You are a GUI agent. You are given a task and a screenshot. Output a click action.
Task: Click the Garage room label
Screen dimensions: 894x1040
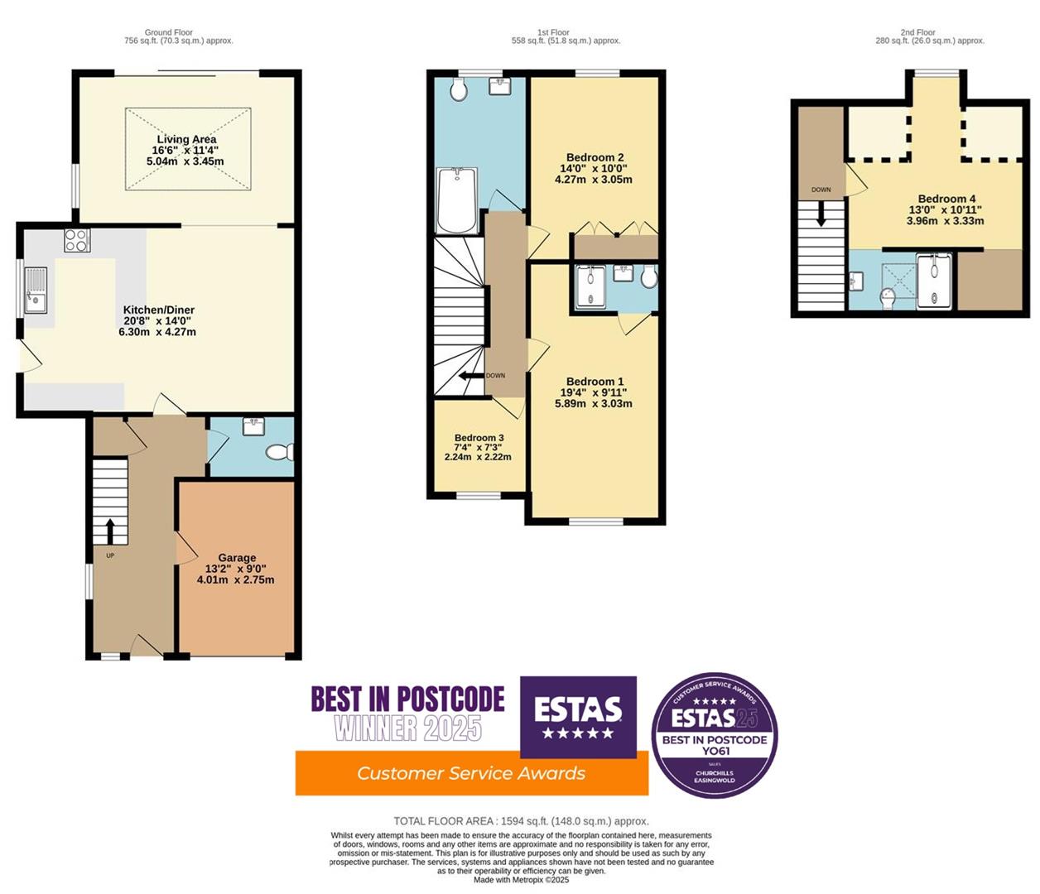(x=236, y=569)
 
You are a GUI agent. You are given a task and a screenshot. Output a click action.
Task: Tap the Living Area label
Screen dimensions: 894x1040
(x=185, y=151)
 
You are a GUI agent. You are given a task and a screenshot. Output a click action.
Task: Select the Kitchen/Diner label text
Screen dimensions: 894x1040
(x=157, y=320)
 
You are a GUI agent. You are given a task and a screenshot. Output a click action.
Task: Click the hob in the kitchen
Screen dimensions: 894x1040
(x=77, y=241)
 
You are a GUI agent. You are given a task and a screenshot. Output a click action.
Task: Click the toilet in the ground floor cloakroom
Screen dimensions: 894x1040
(x=280, y=452)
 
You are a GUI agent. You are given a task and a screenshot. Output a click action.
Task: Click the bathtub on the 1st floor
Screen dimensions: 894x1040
(x=455, y=201)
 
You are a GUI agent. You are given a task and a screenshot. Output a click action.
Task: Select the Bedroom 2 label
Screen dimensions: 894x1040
(x=595, y=168)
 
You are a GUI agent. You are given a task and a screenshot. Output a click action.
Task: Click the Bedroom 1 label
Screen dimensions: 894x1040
(x=595, y=392)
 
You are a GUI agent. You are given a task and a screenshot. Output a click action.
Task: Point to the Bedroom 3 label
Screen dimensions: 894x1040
(x=479, y=447)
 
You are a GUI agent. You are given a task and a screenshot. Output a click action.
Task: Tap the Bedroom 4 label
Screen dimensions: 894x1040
(x=946, y=209)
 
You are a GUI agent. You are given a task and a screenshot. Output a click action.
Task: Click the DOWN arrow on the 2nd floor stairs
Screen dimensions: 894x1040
(x=821, y=214)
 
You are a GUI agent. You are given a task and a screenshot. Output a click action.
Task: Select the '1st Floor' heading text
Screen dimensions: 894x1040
(x=553, y=32)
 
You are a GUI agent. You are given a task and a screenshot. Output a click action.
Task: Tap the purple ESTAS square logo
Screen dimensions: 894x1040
(x=578, y=716)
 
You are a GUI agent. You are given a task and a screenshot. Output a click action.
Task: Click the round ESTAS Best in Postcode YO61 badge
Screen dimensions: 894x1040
(x=715, y=735)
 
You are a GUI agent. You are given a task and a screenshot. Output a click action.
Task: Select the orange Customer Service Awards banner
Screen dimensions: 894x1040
(x=471, y=773)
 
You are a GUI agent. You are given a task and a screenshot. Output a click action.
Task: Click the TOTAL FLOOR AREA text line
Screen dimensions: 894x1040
(x=521, y=821)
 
